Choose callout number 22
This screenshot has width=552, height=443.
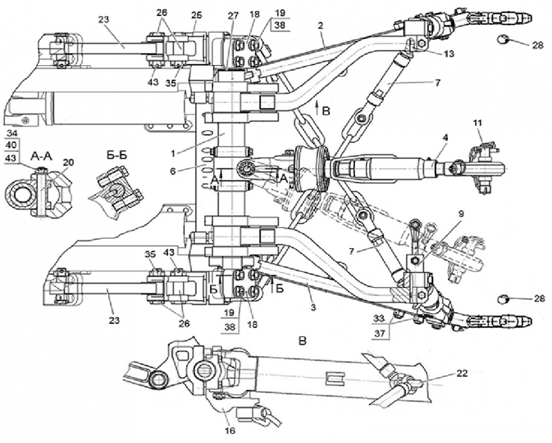pos(462,373)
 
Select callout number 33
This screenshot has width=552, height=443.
pos(378,318)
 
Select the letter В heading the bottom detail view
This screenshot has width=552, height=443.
pos(301,341)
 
